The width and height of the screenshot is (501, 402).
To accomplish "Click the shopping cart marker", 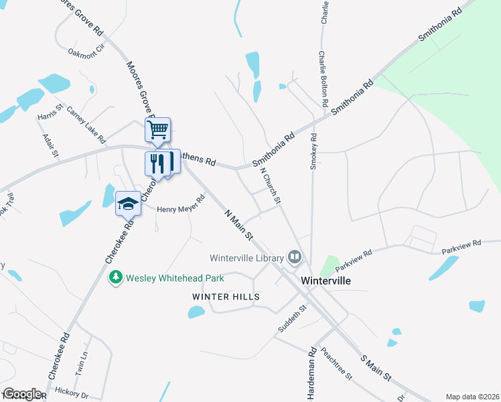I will click(158, 129).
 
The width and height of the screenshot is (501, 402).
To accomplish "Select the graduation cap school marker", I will click(127, 204).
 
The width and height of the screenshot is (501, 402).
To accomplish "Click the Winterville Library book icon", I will click(294, 257).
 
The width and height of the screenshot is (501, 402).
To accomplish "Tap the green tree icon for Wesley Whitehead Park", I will click(116, 277).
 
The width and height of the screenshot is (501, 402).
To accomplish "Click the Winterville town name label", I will click(326, 281).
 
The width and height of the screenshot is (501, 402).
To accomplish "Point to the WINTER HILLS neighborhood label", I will click(226, 296).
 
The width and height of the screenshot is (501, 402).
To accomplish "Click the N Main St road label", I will click(238, 224).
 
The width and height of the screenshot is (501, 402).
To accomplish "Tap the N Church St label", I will click(271, 186).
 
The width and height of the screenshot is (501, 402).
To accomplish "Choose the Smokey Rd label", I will click(313, 150).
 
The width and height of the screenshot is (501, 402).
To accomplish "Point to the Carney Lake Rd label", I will click(87, 125).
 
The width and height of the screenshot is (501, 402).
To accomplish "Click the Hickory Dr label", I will click(72, 392).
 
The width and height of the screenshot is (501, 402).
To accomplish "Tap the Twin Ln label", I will click(82, 364).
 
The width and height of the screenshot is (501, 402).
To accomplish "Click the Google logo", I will click(22, 394).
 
